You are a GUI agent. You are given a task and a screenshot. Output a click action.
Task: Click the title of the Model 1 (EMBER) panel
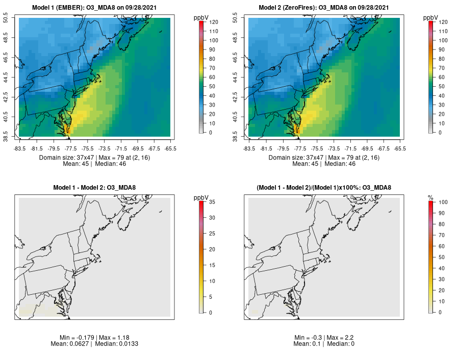(x=94, y=7)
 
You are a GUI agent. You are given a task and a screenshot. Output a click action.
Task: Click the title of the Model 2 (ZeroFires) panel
(x=324, y=7)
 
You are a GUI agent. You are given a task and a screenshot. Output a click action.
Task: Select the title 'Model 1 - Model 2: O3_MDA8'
(x=94, y=188)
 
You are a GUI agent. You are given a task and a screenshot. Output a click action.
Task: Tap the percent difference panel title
(x=324, y=188)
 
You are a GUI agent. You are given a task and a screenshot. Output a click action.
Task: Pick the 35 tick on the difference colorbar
(x=212, y=202)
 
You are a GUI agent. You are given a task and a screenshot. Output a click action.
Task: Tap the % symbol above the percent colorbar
(x=430, y=197)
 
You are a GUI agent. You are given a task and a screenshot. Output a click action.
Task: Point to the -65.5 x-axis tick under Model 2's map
(x=400, y=149)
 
